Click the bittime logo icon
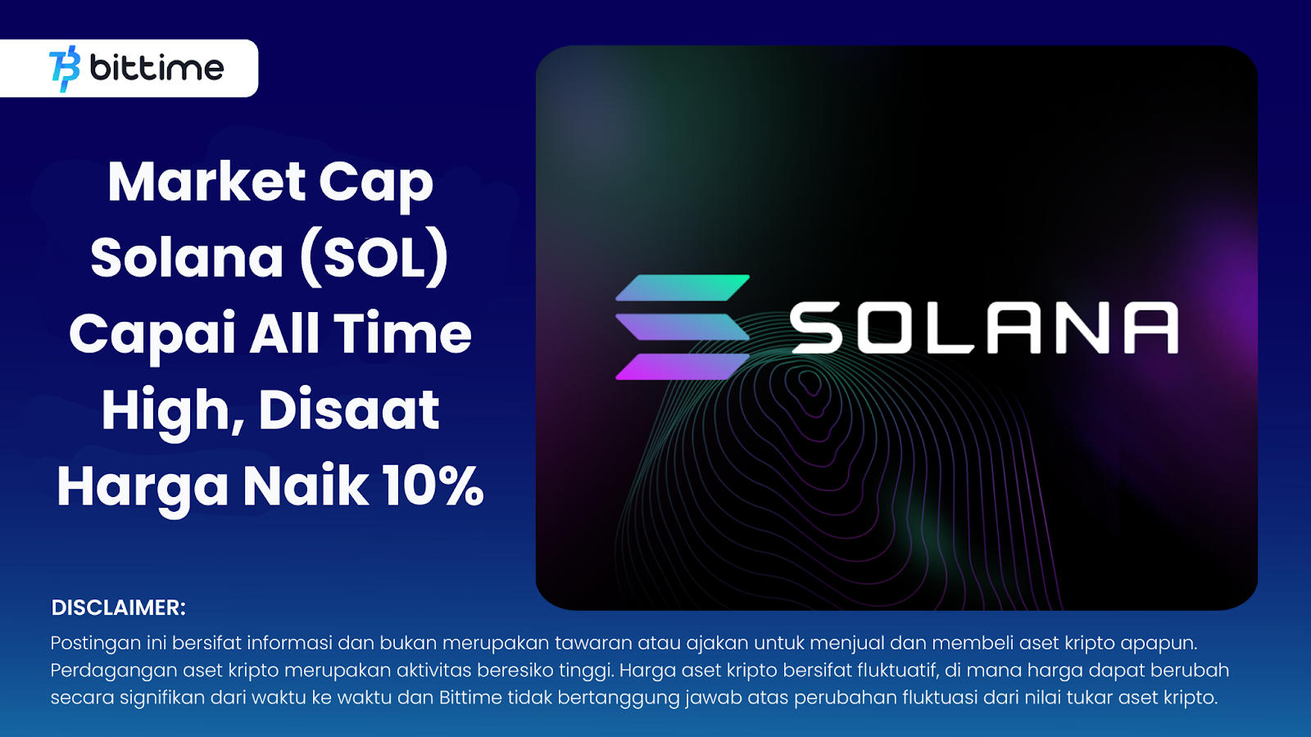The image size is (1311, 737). (x=65, y=69)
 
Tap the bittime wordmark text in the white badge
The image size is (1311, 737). (x=157, y=68)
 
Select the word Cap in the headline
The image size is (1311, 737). (x=376, y=186)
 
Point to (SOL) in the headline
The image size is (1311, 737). (x=374, y=259)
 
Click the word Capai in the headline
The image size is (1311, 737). (x=152, y=336)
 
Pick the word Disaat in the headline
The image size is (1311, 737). (x=349, y=409)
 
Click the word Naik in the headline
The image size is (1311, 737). (x=306, y=486)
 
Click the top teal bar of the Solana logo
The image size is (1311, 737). (x=683, y=287)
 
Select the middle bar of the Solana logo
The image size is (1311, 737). (x=683, y=327)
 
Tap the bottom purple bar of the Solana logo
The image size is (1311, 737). (x=683, y=367)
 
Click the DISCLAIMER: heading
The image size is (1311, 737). (x=118, y=608)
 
